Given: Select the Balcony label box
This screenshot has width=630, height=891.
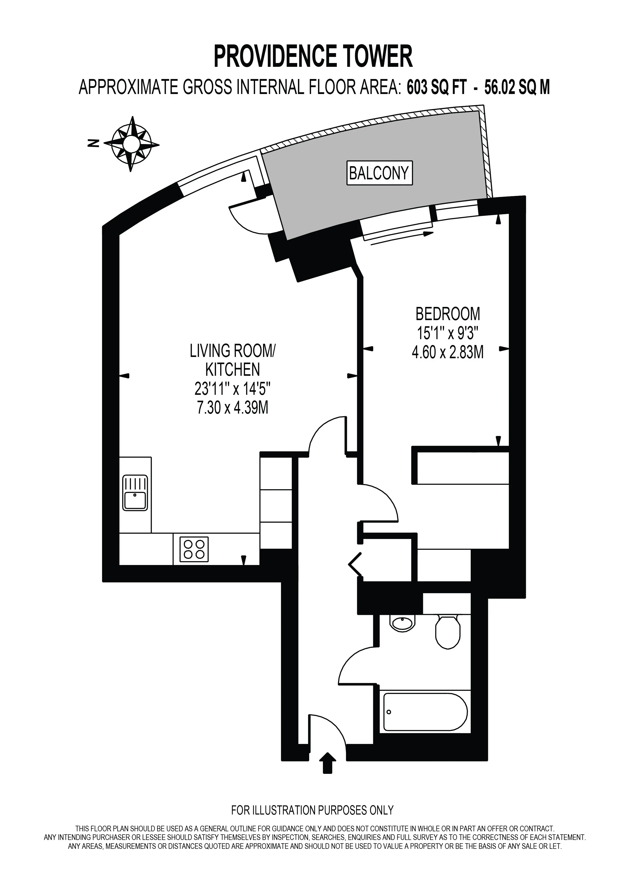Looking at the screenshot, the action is coord(379,173).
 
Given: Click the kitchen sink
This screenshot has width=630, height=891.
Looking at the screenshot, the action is coord(135,492).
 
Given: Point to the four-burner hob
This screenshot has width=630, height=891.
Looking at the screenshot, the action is coord(194,549).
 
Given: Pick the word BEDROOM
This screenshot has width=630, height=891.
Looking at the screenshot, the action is coord(448,314).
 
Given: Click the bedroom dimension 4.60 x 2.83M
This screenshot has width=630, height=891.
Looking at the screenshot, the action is coord(448,353).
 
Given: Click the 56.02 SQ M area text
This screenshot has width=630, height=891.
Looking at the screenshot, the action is coord(517,88).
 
